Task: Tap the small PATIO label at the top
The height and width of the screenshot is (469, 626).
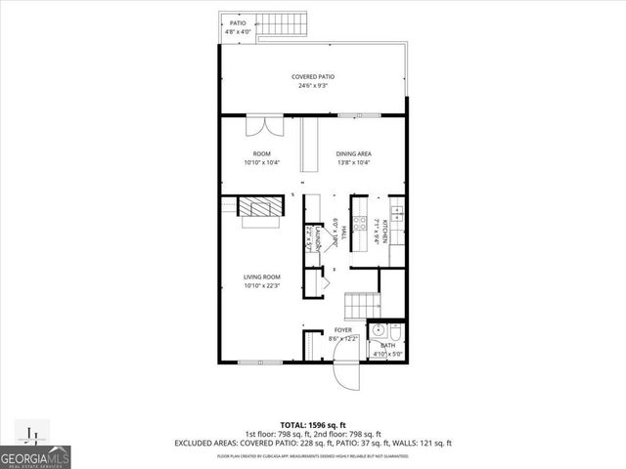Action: click(238, 22)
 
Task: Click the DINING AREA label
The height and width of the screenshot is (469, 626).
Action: click(354, 153)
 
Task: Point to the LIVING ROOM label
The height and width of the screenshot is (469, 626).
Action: click(261, 277)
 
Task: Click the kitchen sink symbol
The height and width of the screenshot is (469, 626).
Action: click(396, 209)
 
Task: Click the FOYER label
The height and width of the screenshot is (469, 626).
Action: click(342, 330)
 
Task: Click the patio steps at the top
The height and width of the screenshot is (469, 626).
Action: click(272, 22)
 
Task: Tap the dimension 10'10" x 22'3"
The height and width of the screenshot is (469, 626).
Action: click(261, 286)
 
